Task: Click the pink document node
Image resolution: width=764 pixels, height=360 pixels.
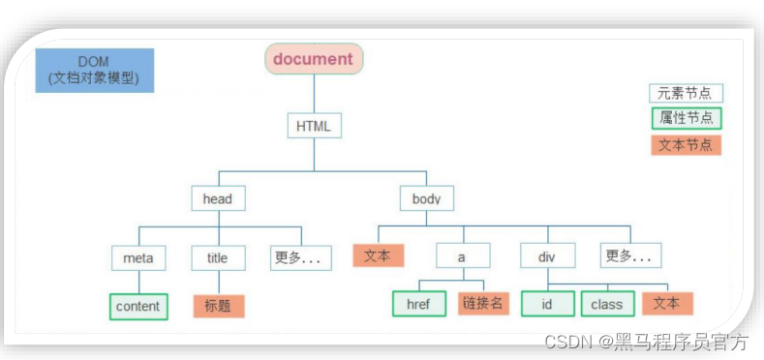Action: (314, 59)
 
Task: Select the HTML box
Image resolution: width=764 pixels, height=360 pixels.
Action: (314, 127)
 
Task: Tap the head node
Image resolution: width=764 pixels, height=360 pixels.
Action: (218, 199)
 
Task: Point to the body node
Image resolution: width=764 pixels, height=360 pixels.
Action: (426, 199)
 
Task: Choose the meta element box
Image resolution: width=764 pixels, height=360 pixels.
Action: (138, 258)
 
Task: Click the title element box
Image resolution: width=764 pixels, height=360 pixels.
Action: (218, 258)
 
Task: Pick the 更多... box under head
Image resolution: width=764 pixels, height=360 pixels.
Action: (300, 258)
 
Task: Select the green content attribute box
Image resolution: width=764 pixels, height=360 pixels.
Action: (138, 306)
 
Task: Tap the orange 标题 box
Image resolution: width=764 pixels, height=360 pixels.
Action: (218, 306)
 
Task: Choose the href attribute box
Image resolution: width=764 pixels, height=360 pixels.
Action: (419, 304)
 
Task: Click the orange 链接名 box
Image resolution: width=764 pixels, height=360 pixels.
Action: (483, 304)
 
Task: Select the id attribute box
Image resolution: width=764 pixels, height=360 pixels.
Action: (548, 304)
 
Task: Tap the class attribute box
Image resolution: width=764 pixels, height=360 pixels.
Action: (607, 304)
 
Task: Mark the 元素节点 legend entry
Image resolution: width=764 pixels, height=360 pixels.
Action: (686, 94)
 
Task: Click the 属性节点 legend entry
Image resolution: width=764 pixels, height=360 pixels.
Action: (686, 119)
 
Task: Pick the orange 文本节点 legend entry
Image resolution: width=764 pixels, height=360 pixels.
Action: (686, 145)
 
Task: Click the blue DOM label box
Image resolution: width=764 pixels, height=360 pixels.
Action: (94, 71)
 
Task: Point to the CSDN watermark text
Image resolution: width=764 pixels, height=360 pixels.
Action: (646, 341)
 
